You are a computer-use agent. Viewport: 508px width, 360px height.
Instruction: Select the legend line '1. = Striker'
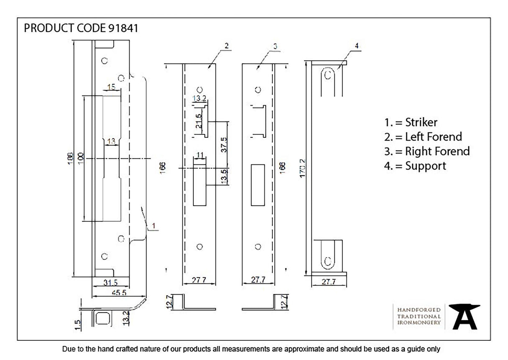pos(411,122)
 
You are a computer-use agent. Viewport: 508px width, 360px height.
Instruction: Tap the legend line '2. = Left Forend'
pos(423,136)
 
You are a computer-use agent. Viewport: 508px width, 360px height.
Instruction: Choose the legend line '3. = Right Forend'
pos(427,151)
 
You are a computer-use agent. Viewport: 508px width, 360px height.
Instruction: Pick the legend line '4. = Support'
pos(415,166)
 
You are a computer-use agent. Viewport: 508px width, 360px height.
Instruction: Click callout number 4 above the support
pos(357,46)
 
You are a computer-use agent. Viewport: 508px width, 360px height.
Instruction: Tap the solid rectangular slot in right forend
pos(257,185)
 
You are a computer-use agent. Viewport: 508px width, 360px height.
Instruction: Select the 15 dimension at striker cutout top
pos(111,87)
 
